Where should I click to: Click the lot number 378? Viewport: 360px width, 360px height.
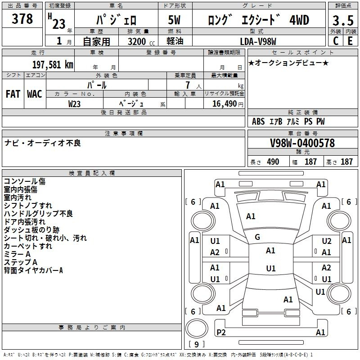tap(22, 18)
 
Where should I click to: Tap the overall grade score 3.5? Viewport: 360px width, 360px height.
tap(343, 20)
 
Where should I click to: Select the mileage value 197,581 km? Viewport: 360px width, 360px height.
tap(53, 65)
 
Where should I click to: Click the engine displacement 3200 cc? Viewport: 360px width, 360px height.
tap(141, 41)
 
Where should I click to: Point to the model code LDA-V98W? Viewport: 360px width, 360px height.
tap(258, 41)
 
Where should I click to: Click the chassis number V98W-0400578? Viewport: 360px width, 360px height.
tap(302, 143)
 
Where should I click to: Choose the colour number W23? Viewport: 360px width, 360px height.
tap(74, 104)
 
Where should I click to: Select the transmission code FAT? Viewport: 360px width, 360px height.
tap(13, 94)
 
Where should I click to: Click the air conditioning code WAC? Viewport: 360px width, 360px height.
tap(35, 94)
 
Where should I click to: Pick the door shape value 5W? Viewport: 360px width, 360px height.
tap(174, 20)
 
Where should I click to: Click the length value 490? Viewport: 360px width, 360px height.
tap(273, 162)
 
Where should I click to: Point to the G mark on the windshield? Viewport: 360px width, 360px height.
tap(257, 237)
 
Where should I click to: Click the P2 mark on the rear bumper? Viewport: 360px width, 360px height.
tap(221, 332)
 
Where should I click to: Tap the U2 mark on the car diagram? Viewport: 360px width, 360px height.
tap(327, 241)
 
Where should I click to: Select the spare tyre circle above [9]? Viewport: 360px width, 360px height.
tap(197, 328)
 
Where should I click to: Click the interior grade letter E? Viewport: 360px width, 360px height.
tap(350, 41)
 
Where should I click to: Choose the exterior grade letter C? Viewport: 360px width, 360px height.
tap(336, 41)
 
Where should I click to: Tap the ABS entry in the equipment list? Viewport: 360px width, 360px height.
tap(258, 121)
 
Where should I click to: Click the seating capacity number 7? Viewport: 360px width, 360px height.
tap(188, 85)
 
